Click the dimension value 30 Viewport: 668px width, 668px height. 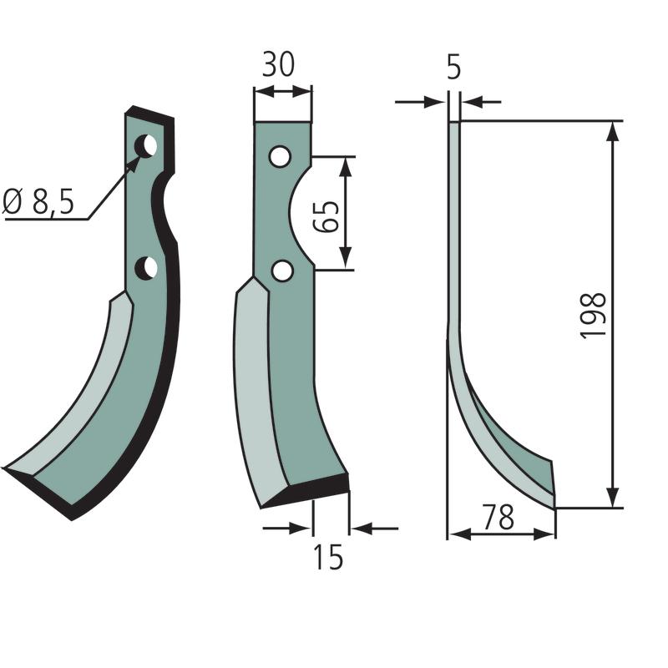click(x=278, y=65)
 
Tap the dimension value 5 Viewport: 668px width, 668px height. click(x=453, y=68)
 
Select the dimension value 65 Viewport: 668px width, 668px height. click(x=326, y=216)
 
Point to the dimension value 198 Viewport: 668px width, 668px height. click(x=593, y=316)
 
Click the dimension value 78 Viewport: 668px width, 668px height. click(x=498, y=517)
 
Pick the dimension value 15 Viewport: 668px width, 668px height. click(x=328, y=558)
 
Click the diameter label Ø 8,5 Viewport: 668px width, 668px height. click(x=38, y=201)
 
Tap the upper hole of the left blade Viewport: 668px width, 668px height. click(x=145, y=146)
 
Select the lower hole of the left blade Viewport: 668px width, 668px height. click(x=146, y=268)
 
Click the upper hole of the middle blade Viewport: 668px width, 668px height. click(x=281, y=156)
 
